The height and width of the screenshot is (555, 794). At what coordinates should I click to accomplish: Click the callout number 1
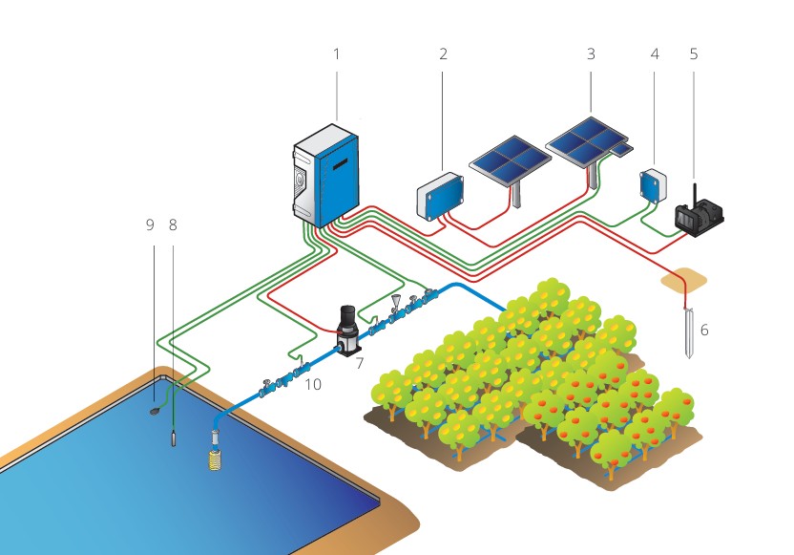(336, 54)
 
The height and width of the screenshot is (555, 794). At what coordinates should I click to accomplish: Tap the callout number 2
(443, 54)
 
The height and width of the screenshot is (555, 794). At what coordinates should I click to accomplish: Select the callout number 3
(591, 54)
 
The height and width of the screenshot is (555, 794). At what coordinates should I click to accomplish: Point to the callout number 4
(655, 54)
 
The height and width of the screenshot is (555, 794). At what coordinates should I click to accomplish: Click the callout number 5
(694, 54)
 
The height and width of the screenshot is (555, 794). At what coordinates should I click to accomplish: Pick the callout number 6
(705, 330)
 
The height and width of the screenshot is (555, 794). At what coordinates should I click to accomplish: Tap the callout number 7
(359, 363)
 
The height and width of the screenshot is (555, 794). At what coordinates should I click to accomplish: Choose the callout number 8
(173, 225)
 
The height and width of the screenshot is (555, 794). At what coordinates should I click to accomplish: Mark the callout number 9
(150, 225)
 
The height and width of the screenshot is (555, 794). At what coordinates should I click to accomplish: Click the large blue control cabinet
(325, 176)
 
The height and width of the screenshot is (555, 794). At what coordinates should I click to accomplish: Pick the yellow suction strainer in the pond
(215, 457)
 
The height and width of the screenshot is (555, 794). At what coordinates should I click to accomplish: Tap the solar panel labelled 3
(586, 140)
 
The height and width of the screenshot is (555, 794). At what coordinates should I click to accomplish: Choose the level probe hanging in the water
(174, 438)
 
